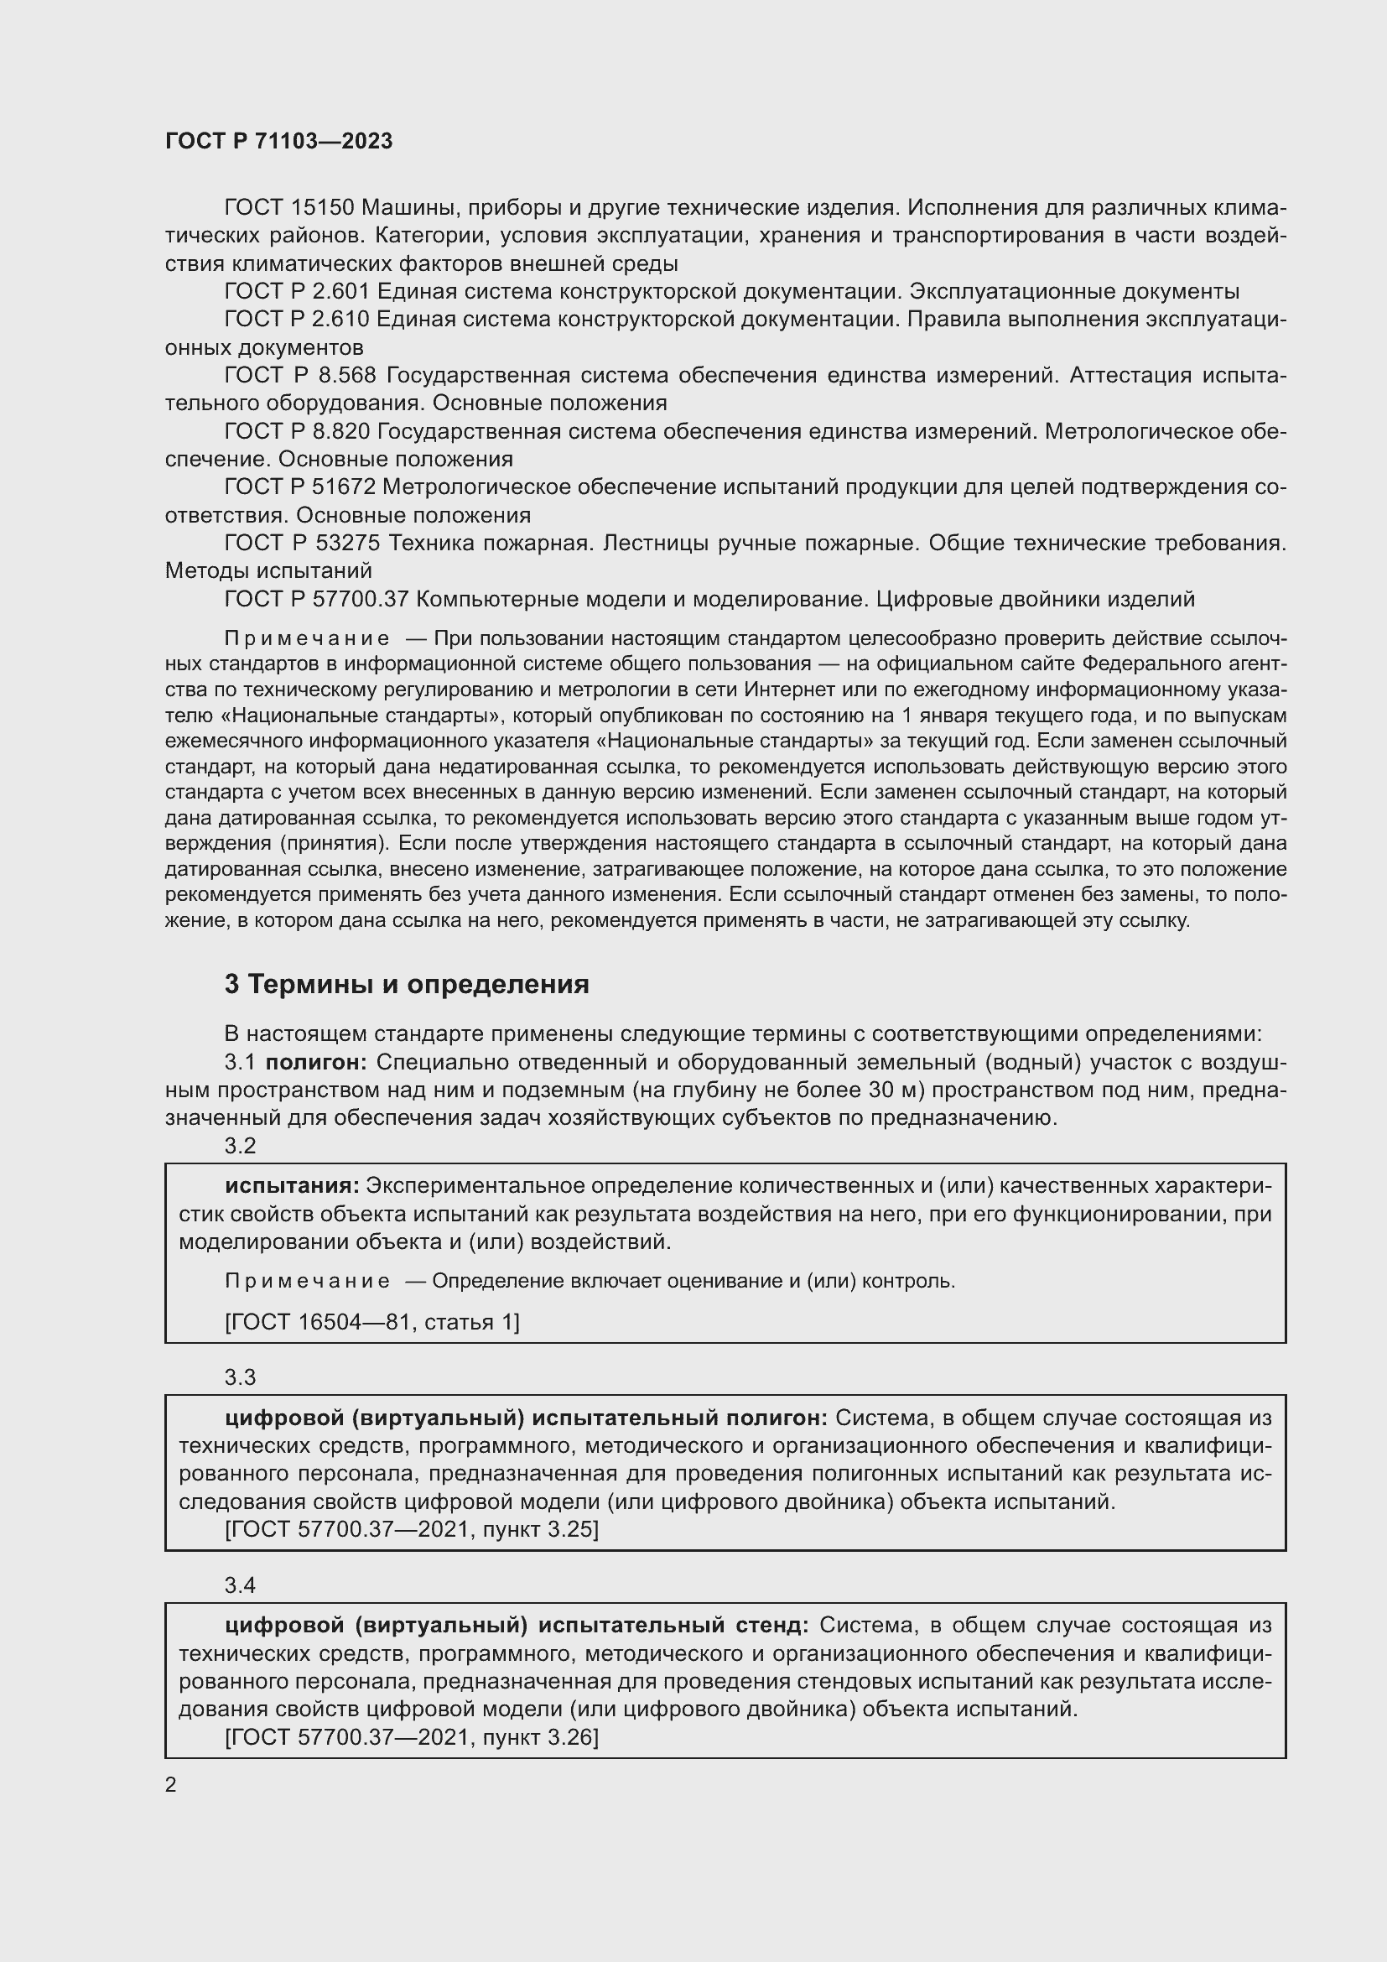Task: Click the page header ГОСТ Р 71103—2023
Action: coord(278,141)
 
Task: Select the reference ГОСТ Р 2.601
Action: coord(296,291)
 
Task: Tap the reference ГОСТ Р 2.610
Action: coord(296,320)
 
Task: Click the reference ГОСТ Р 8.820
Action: coord(296,431)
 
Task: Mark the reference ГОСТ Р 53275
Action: coord(302,543)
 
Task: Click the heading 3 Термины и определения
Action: coord(407,985)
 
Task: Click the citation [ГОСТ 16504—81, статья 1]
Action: coord(371,1322)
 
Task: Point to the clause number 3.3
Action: coord(240,1377)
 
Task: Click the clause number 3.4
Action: coord(240,1585)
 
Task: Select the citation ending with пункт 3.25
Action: coord(411,1530)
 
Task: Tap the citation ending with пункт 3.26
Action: coord(411,1737)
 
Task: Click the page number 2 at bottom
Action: coord(171,1785)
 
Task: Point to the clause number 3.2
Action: coord(240,1146)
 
